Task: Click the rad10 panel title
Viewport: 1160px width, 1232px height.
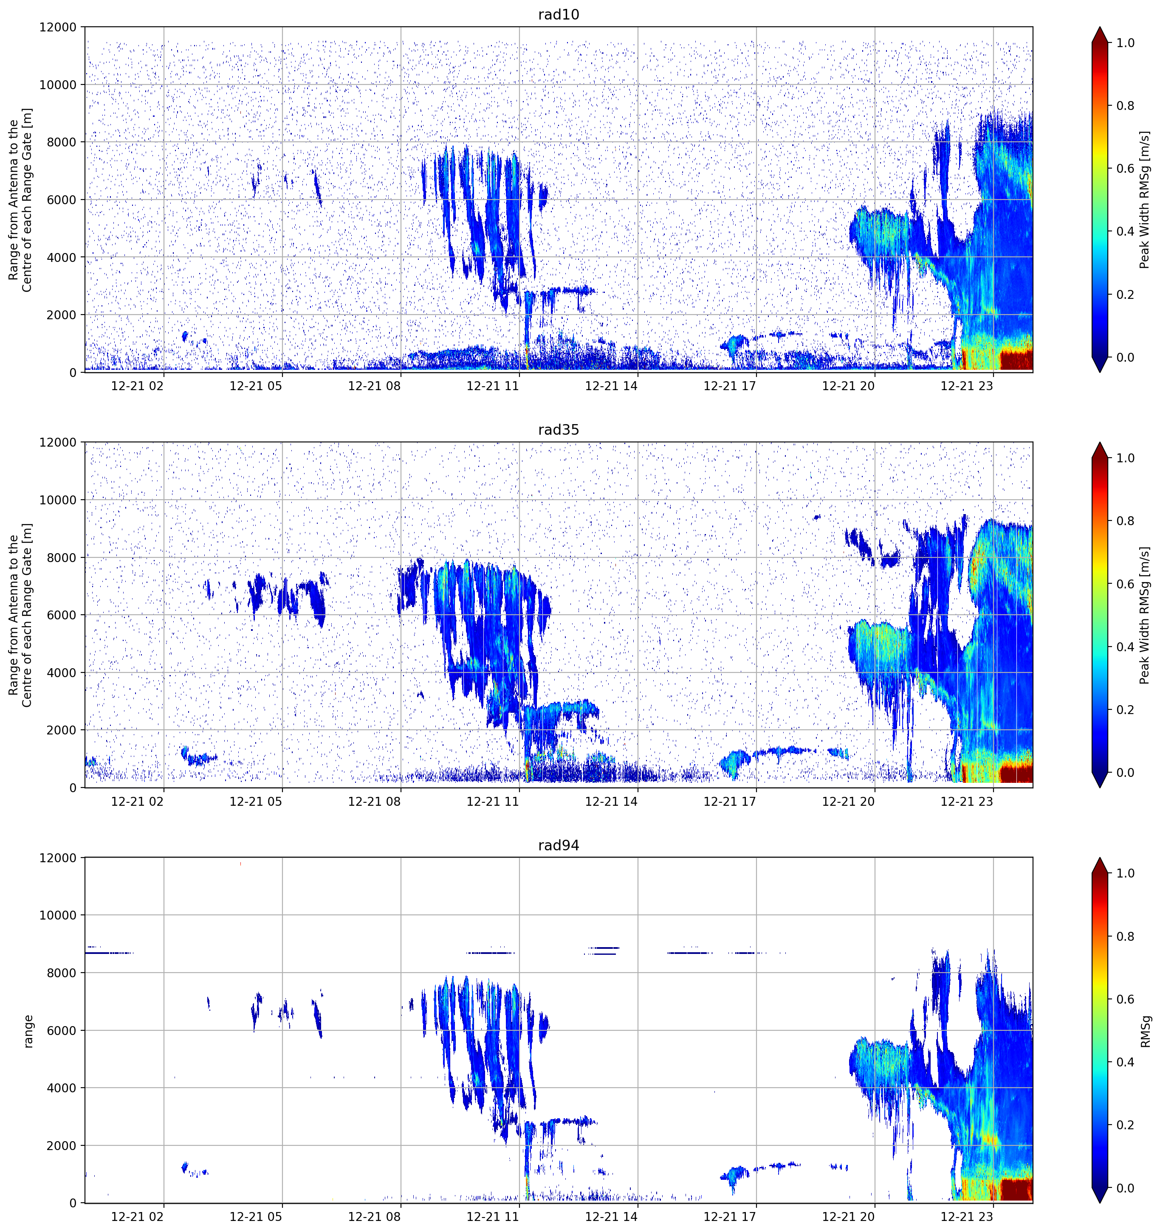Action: (x=559, y=14)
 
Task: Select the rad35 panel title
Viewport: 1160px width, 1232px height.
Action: (x=559, y=430)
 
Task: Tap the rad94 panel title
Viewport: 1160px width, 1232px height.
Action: (x=559, y=845)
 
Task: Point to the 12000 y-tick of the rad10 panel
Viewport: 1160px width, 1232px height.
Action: (x=58, y=27)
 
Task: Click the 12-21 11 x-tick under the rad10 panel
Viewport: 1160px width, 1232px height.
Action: (x=492, y=386)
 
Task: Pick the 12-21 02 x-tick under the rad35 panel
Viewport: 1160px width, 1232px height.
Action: (x=137, y=801)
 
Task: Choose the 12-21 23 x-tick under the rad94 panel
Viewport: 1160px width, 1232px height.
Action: (x=967, y=1217)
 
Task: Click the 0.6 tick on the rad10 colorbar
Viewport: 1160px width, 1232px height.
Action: (x=1125, y=169)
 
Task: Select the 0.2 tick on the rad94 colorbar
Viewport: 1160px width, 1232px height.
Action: (x=1125, y=1125)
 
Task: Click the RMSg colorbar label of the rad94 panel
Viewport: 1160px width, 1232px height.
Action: (x=1145, y=1031)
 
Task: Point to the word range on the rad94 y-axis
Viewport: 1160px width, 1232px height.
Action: (x=28, y=1031)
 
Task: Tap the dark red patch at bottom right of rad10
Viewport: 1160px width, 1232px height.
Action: (x=1016, y=360)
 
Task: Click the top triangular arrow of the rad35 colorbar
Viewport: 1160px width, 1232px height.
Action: (x=1100, y=450)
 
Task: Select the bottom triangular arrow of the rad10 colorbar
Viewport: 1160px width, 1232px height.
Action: (x=1100, y=365)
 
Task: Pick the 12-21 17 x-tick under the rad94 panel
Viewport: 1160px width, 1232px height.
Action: (x=730, y=1217)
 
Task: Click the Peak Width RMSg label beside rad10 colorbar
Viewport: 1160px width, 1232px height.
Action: (x=1145, y=200)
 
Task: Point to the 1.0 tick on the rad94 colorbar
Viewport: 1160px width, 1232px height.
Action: (x=1125, y=873)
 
